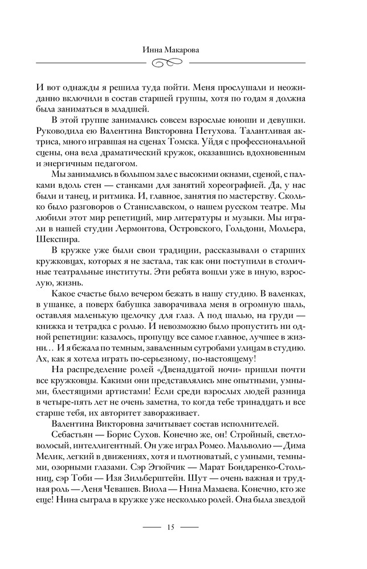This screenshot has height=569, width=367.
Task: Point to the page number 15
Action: (x=170, y=527)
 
